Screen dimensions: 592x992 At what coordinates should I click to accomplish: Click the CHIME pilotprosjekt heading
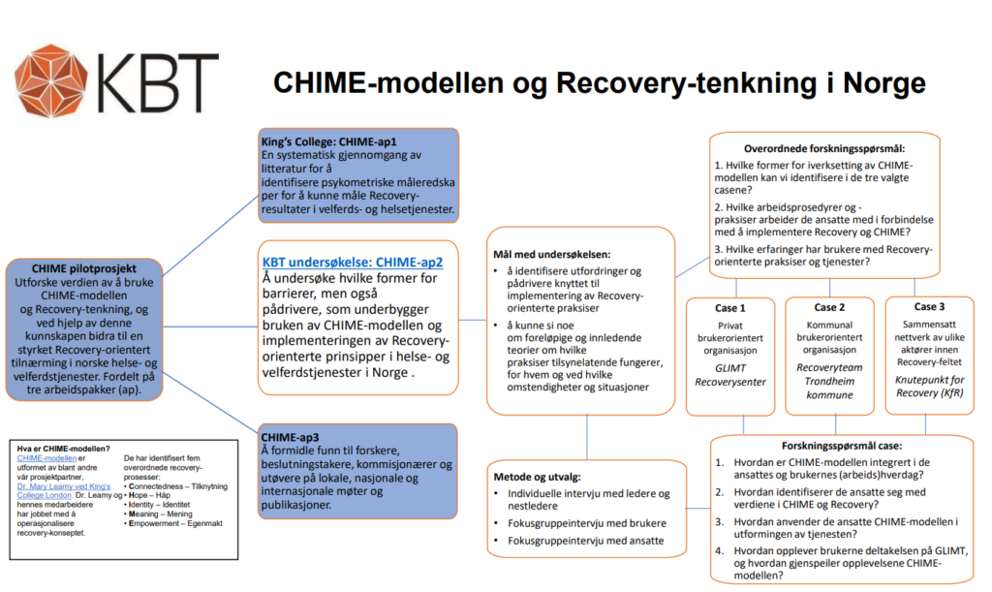[84, 267]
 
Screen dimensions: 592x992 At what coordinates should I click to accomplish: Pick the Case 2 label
[831, 307]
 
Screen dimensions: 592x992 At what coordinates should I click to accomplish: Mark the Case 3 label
[929, 307]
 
